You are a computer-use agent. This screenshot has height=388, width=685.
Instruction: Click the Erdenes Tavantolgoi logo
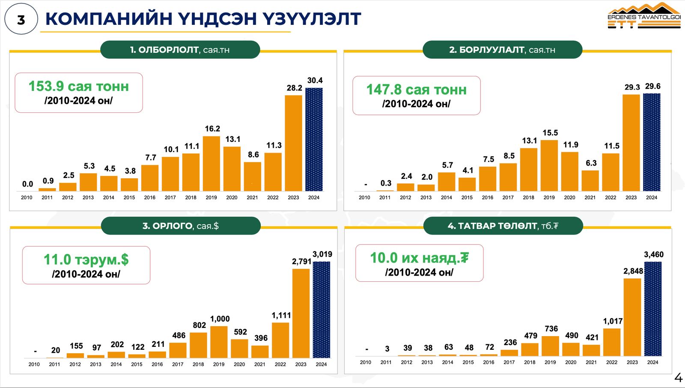pyautogui.click(x=644, y=16)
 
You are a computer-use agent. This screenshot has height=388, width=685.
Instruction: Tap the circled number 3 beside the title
pyautogui.click(x=21, y=19)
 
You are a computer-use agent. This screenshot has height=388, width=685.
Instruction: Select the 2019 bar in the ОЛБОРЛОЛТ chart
pyautogui.click(x=211, y=163)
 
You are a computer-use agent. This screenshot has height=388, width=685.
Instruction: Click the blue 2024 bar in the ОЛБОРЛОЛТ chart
pyautogui.click(x=314, y=139)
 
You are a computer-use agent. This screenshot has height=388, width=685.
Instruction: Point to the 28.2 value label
pyautogui.click(x=294, y=88)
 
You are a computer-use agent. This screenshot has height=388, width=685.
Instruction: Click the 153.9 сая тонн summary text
pyautogui.click(x=79, y=87)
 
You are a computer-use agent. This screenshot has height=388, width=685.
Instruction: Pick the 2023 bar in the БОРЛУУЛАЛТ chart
pyautogui.click(x=631, y=142)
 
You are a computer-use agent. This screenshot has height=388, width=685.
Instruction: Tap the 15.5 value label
pyautogui.click(x=550, y=133)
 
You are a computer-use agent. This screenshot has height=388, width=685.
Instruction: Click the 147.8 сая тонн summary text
pyautogui.click(x=416, y=90)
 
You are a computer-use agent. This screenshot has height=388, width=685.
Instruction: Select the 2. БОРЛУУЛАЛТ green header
pyautogui.click(x=502, y=50)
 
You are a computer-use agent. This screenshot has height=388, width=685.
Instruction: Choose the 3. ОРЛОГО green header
pyautogui.click(x=180, y=226)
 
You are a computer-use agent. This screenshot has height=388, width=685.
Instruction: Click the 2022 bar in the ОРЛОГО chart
pyautogui.click(x=280, y=340)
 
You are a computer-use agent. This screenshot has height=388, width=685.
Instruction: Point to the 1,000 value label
pyautogui.click(x=220, y=319)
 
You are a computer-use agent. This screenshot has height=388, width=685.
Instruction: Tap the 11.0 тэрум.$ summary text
pyautogui.click(x=86, y=260)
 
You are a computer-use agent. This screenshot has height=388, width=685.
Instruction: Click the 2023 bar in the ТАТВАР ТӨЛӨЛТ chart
pyautogui.click(x=632, y=317)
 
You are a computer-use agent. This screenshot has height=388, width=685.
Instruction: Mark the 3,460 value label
pyautogui.click(x=654, y=255)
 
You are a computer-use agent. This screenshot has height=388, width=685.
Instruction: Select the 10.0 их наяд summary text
pyautogui.click(x=419, y=258)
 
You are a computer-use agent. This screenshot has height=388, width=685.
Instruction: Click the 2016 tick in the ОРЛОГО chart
pyautogui.click(x=157, y=364)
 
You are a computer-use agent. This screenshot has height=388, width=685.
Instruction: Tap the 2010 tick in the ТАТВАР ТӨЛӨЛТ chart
pyautogui.click(x=366, y=362)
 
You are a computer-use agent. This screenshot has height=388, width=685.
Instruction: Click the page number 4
pyautogui.click(x=678, y=378)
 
